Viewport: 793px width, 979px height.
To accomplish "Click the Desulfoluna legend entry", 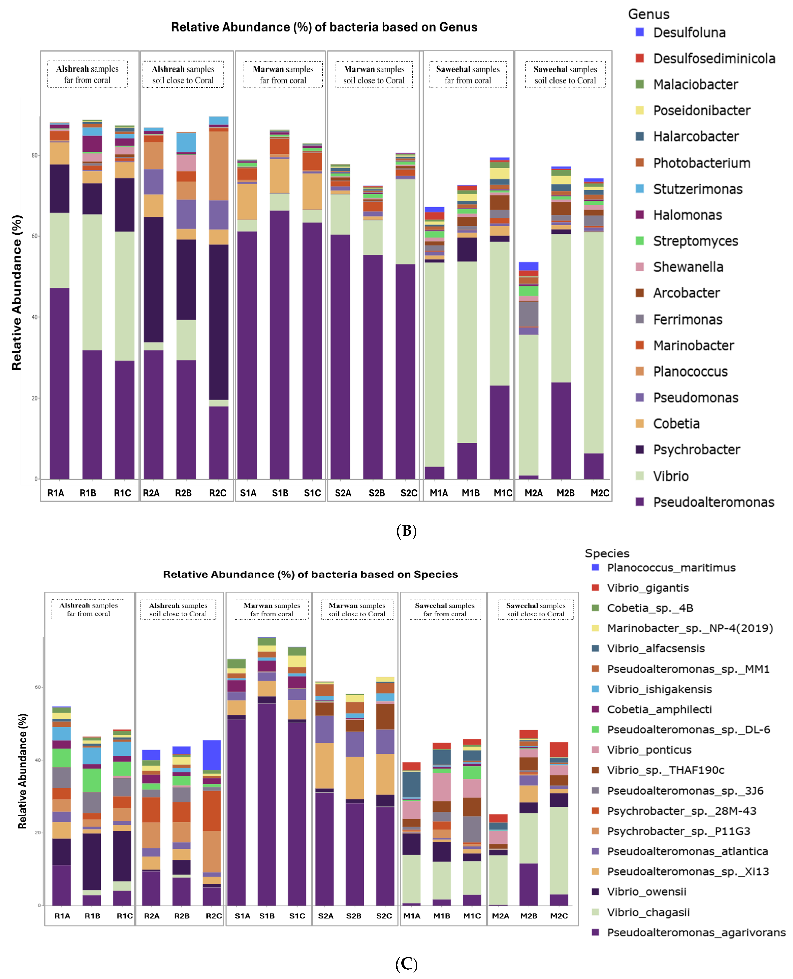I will click(688, 32).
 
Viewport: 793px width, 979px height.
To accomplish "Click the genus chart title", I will click(324, 27).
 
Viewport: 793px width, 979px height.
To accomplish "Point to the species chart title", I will click(310, 574).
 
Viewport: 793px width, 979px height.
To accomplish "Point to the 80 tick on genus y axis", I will click(35, 155).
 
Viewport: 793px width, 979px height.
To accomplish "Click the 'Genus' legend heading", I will click(648, 14).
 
